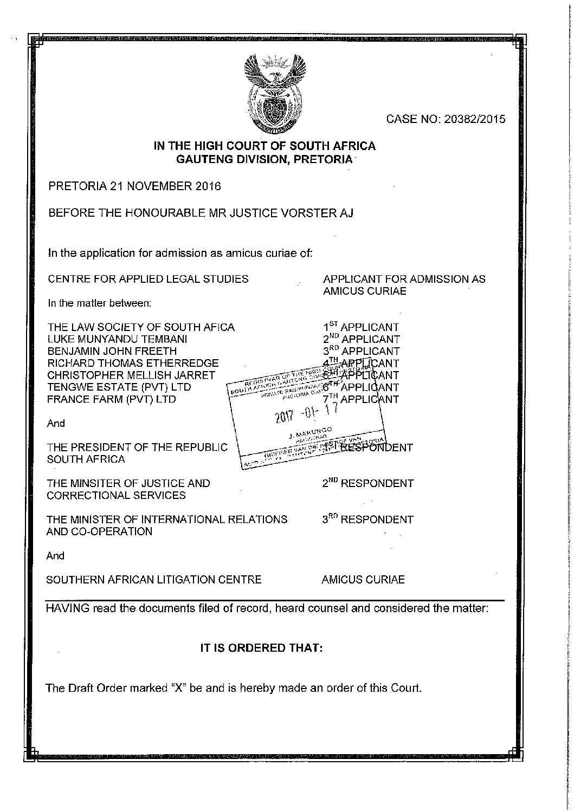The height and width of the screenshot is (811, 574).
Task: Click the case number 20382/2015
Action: pyautogui.click(x=474, y=119)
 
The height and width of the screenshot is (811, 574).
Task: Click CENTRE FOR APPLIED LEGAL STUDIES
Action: pyautogui.click(x=148, y=279)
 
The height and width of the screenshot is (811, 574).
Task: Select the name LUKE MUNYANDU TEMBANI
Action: pyautogui.click(x=118, y=339)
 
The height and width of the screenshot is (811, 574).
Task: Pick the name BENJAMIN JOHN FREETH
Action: pyautogui.click(x=112, y=351)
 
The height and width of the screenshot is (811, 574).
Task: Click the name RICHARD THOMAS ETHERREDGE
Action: pyautogui.click(x=133, y=363)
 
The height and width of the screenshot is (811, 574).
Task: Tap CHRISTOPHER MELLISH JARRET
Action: pyautogui.click(x=131, y=375)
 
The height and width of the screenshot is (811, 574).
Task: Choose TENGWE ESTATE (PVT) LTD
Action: pyautogui.click(x=119, y=387)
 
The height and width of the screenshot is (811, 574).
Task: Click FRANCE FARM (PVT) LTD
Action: pyautogui.click(x=112, y=399)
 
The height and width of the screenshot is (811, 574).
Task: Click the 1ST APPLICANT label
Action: pyautogui.click(x=360, y=327)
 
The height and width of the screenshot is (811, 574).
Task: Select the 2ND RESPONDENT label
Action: pyautogui.click(x=368, y=483)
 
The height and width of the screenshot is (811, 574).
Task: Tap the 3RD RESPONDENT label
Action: pyautogui.click(x=367, y=520)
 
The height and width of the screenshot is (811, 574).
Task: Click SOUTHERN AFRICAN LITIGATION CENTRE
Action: pyautogui.click(x=154, y=580)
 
